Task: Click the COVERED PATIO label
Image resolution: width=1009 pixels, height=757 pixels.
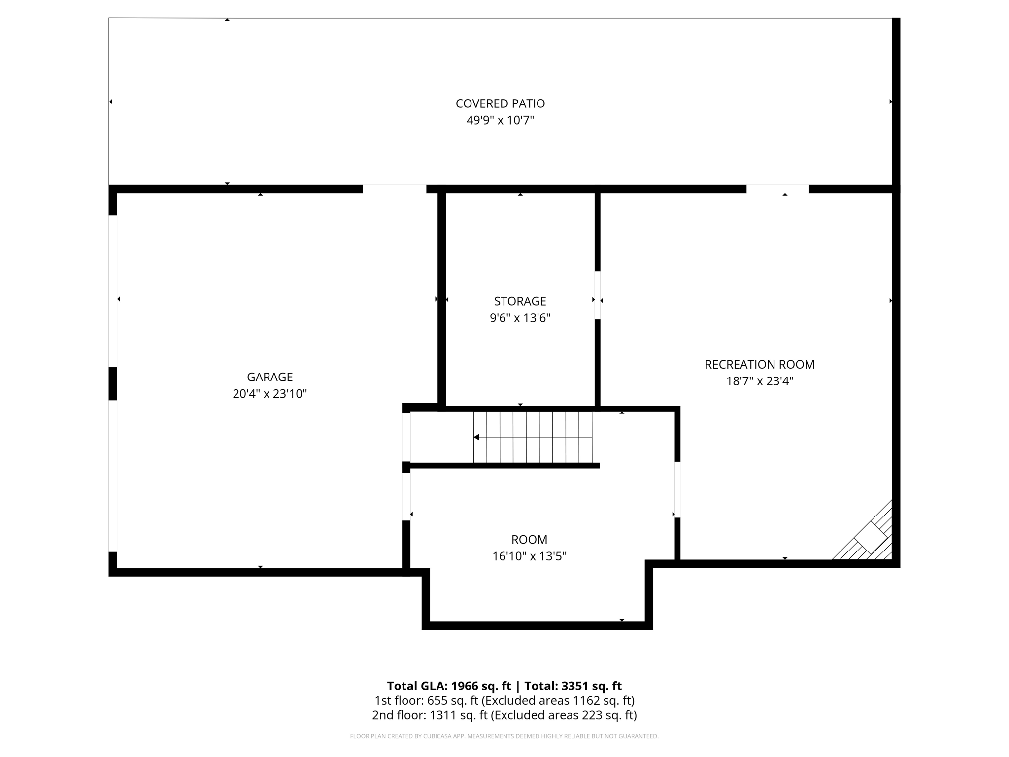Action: point(500,103)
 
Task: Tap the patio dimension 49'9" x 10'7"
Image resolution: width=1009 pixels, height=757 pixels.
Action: point(500,120)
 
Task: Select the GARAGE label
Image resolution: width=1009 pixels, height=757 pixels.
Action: point(269,377)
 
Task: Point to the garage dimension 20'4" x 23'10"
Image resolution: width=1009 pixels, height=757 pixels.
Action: point(269,394)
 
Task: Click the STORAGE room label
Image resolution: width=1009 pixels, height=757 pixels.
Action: point(520,301)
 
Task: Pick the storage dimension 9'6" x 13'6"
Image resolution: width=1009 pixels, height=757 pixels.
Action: point(520,318)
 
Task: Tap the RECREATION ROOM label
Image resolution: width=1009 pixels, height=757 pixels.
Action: point(759,364)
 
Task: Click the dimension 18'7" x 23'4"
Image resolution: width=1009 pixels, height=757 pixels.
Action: point(759,381)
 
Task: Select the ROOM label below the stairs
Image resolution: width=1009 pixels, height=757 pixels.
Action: point(529,539)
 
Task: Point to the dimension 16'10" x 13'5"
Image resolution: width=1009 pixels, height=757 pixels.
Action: point(529,556)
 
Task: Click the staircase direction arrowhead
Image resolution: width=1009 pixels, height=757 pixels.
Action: point(476,437)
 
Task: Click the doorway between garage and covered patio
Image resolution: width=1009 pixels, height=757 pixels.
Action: point(394,189)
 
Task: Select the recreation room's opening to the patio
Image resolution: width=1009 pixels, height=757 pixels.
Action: point(777,189)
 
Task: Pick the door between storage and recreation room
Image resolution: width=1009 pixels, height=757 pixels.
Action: point(598,295)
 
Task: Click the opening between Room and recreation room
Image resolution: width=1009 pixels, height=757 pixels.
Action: point(677,489)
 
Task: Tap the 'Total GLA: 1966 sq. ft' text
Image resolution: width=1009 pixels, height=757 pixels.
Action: point(449,686)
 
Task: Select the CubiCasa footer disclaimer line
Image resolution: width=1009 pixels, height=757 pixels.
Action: point(504,736)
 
